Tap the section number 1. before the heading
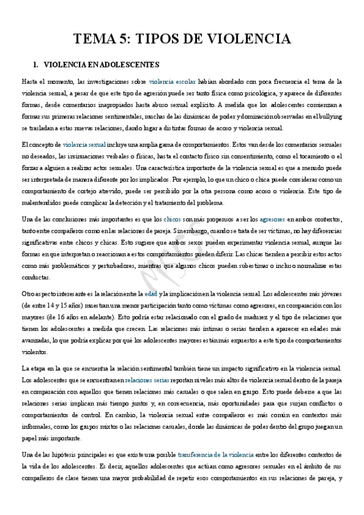coord(35,64)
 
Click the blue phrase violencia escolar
coord(172,81)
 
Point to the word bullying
coord(329,117)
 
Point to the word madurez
coord(263,303)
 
